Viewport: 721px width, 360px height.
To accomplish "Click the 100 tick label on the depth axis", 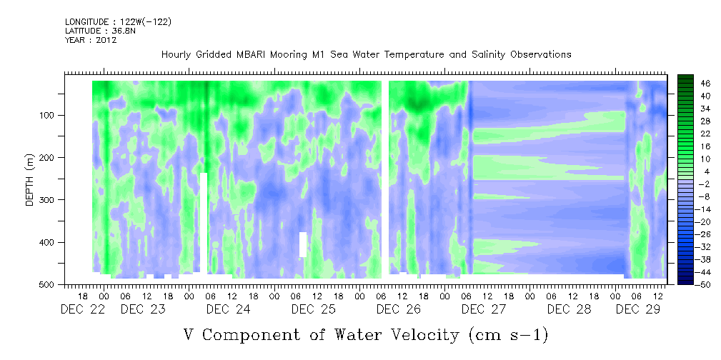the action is click(49, 116).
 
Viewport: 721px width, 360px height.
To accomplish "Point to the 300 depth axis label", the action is click(49, 200).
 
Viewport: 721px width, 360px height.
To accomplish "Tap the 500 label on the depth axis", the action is click(49, 284).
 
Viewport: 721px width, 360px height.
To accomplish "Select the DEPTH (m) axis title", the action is click(30, 180).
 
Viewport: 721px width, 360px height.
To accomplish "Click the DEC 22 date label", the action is click(82, 309).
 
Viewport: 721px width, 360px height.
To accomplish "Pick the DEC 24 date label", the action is click(229, 309).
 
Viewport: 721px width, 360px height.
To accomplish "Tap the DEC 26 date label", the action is click(399, 309).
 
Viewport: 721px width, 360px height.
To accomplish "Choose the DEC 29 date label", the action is click(638, 309).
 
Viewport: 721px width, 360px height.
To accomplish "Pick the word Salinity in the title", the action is click(488, 55).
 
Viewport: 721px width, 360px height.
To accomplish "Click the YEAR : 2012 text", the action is click(91, 40).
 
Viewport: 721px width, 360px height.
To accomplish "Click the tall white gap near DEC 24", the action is click(204, 223).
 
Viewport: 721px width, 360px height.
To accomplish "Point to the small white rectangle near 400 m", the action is click(302, 244).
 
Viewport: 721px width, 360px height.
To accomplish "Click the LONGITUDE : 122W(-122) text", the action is click(119, 22).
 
